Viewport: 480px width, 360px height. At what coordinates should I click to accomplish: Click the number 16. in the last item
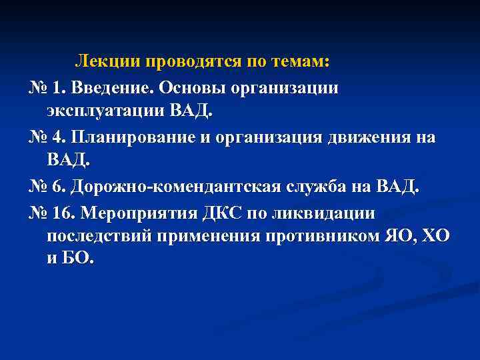(x=64, y=213)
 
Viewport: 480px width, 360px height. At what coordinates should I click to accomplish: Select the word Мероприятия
(x=138, y=213)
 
